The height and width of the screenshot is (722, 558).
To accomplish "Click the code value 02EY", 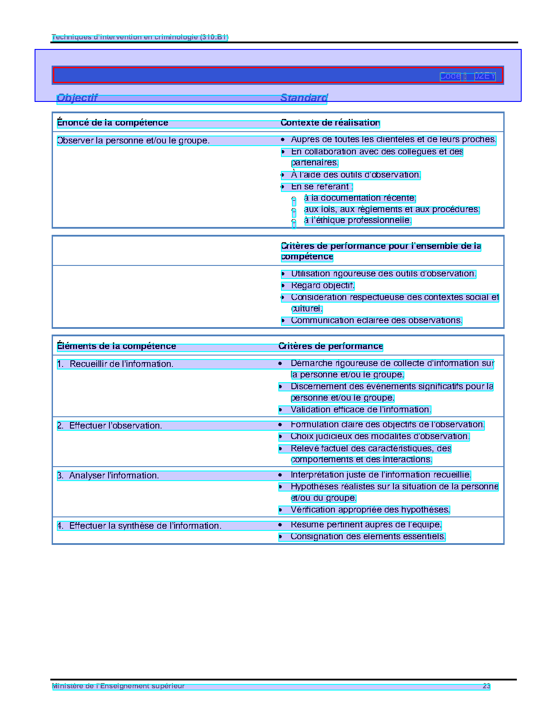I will point(484,76).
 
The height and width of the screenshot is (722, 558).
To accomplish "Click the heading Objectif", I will point(77,98).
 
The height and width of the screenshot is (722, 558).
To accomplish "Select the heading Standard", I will point(304,98).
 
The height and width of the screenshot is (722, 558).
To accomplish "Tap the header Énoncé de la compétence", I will point(112,123).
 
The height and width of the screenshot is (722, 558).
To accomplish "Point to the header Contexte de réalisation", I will point(330,123).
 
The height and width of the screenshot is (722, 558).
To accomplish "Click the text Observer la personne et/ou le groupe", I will point(133,141).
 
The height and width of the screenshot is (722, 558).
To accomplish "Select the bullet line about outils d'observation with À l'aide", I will point(355,175).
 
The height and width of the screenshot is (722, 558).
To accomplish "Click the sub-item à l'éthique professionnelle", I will point(357,220).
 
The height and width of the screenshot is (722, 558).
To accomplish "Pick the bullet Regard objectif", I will point(323,286).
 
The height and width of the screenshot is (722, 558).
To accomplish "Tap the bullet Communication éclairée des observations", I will point(376,321).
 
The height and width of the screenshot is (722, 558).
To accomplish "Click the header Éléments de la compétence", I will point(116,346).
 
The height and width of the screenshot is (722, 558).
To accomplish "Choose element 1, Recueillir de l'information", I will point(121,364).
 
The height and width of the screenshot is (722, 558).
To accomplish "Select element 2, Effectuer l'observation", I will point(116,426).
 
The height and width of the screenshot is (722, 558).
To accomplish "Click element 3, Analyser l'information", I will point(114,476).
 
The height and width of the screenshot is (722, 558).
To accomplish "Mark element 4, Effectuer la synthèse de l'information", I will point(145,526).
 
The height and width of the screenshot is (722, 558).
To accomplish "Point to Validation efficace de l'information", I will point(361,410).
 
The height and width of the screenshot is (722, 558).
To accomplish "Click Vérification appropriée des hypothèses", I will point(370,510).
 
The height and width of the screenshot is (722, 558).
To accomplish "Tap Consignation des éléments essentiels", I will point(368,537).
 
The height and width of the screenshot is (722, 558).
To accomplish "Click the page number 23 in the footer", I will point(486,686).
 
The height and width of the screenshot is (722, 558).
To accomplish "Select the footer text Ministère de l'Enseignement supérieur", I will point(118,686).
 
